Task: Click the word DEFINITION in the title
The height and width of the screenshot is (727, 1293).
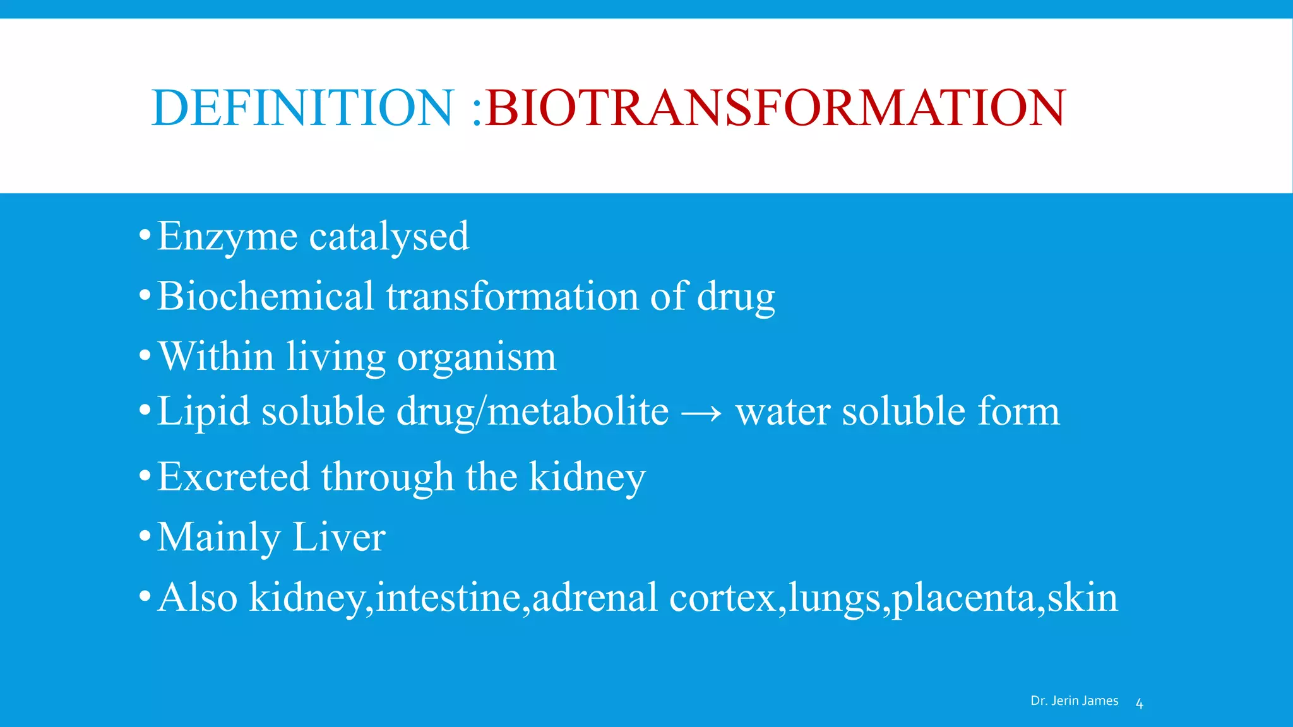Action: tap(302, 107)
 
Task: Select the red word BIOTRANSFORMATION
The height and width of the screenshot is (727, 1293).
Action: tap(775, 107)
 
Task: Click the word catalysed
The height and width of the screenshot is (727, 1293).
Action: tap(389, 237)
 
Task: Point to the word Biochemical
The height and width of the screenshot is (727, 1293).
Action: tap(266, 296)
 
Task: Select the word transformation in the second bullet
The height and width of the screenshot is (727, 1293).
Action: tap(513, 296)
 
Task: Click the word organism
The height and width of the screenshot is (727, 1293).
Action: tap(477, 357)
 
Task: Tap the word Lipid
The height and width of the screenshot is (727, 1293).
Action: tap(203, 411)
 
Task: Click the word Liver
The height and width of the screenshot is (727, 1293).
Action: tap(338, 537)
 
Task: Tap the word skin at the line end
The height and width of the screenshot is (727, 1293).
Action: tap(1082, 597)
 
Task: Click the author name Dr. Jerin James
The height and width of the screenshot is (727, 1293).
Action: tap(1074, 700)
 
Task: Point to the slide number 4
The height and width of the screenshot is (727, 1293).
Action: tap(1140, 704)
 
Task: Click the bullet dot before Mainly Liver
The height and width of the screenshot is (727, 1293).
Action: tap(145, 537)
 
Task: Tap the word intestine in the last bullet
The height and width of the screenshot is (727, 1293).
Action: tap(448, 597)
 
